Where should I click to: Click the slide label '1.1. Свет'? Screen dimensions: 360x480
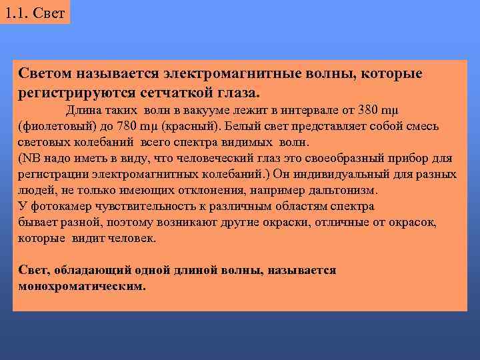[x=35, y=12]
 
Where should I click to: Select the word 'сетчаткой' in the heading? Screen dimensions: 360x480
[x=181, y=90]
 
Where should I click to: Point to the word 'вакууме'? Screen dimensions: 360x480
[x=210, y=110]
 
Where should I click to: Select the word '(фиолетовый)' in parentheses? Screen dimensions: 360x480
[x=51, y=126]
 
